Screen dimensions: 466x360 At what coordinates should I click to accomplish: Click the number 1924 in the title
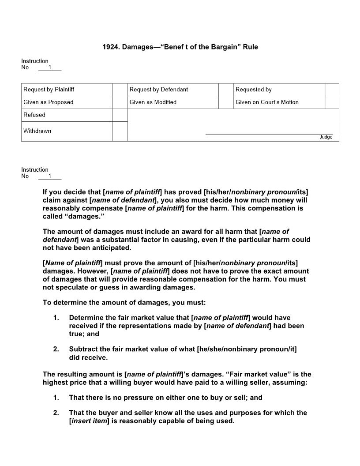pos(111,47)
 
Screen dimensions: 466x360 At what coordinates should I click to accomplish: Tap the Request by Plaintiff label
pos(49,90)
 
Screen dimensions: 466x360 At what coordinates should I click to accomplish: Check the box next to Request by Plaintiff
pos(120,90)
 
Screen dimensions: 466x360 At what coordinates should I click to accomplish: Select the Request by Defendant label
pos(158,90)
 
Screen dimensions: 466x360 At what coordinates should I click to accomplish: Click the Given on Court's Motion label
pos(267,102)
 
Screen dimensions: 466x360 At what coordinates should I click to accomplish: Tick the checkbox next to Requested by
pos(332,90)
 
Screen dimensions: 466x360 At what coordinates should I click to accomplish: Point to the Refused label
pos(34,115)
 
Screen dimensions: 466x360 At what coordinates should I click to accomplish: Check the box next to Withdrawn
pos(120,131)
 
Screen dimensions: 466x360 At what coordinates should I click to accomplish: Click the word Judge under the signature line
pos(326,137)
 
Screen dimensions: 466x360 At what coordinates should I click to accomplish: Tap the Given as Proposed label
pos(49,102)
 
